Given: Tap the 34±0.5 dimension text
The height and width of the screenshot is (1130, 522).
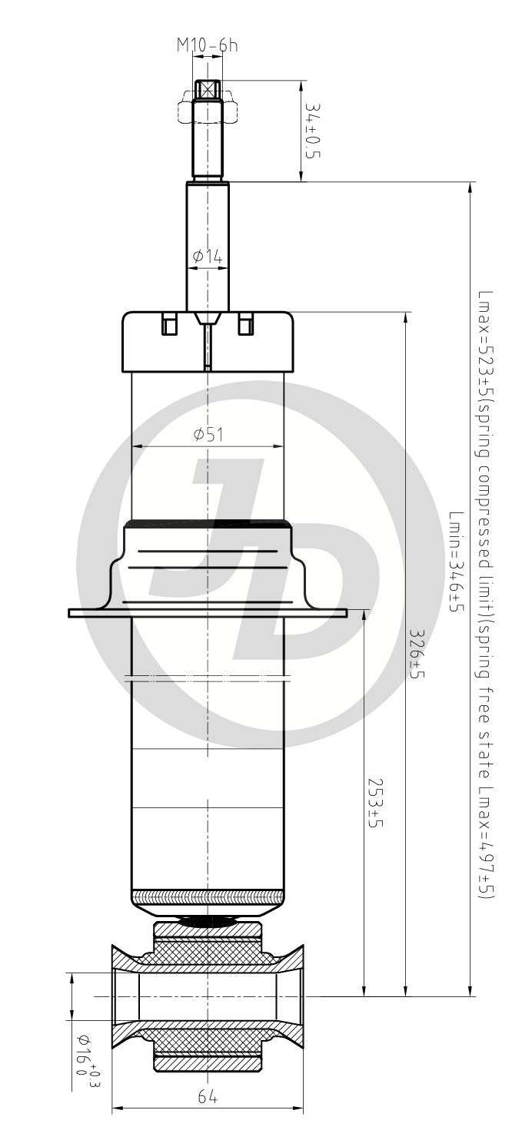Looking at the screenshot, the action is [313, 131].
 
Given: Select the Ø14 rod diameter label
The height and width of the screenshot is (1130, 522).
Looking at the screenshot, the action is [208, 257].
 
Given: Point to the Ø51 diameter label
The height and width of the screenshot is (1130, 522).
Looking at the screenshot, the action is [208, 434].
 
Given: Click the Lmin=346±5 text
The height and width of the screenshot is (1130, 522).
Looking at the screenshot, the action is [457, 562].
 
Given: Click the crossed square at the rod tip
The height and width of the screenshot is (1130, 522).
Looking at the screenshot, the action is [208, 90].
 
